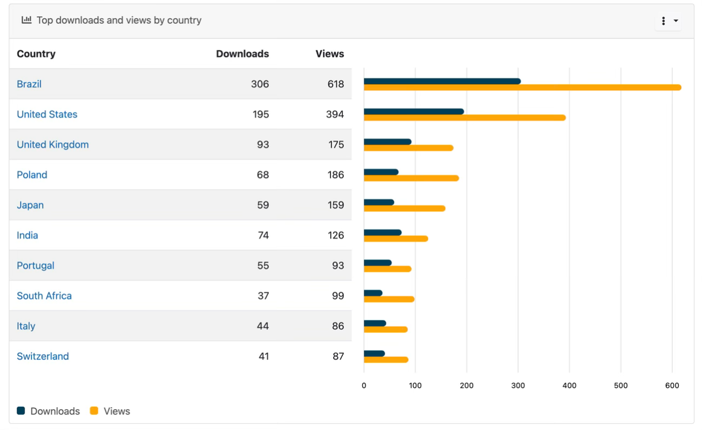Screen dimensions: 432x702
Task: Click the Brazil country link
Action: pyautogui.click(x=29, y=84)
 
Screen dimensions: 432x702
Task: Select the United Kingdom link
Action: pyautogui.click(x=52, y=145)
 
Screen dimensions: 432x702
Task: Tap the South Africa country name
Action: pyautogui.click(x=44, y=296)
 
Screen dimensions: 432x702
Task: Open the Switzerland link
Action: pyautogui.click(x=43, y=356)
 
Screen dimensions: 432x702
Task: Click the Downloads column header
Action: pyautogui.click(x=242, y=54)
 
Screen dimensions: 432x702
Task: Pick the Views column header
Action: pyautogui.click(x=329, y=54)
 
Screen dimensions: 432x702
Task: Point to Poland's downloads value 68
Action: pyautogui.click(x=262, y=175)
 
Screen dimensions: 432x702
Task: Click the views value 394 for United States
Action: pyautogui.click(x=335, y=114)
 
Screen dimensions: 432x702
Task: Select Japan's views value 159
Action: pyautogui.click(x=335, y=205)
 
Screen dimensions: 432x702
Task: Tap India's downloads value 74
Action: pyautogui.click(x=262, y=235)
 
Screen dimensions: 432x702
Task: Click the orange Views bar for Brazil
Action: pyautogui.click(x=522, y=87)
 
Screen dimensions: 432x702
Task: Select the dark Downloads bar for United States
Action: pyautogui.click(x=414, y=112)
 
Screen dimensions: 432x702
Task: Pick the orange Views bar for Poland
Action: pyautogui.click(x=411, y=178)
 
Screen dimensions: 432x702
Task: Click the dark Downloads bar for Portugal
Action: pyautogui.click(x=377, y=263)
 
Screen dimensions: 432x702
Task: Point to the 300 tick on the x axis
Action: pyautogui.click(x=518, y=386)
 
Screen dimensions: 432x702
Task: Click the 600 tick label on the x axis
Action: pyautogui.click(x=672, y=386)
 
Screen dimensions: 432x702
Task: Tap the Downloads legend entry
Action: pyautogui.click(x=55, y=411)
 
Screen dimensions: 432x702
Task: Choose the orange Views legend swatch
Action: pyautogui.click(x=94, y=411)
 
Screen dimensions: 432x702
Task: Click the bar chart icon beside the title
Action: pyautogui.click(x=26, y=20)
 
